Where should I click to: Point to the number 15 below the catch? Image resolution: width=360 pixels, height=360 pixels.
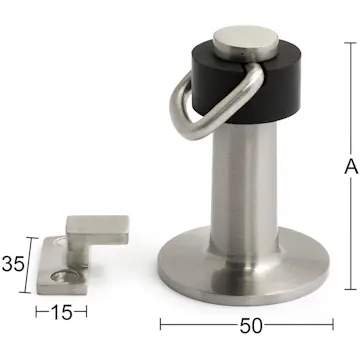pos(60,313)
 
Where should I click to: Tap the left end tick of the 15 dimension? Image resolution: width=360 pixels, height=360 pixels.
pos(38,313)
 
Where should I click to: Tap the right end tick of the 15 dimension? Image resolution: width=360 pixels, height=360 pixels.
pos(84,313)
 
